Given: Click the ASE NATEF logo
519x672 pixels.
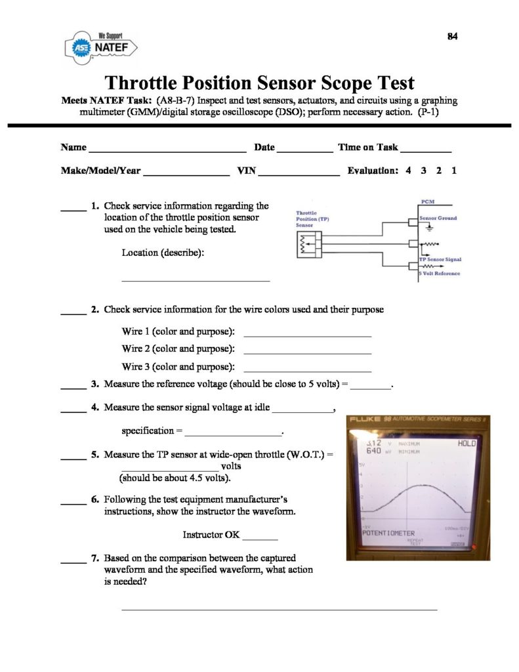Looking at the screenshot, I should (101, 48).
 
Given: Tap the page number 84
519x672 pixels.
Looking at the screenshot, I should (452, 37).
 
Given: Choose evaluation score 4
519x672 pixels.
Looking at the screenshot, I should (408, 171).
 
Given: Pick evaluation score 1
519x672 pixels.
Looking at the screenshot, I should (454, 171).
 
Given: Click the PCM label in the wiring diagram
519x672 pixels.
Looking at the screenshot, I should (425, 202).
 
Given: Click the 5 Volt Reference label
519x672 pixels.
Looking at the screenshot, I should (440, 273).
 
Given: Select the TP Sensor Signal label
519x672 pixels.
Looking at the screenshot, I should (440, 259).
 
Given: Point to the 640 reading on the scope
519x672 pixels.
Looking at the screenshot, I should (373, 451).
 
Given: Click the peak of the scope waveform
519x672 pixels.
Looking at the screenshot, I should (417, 486).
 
